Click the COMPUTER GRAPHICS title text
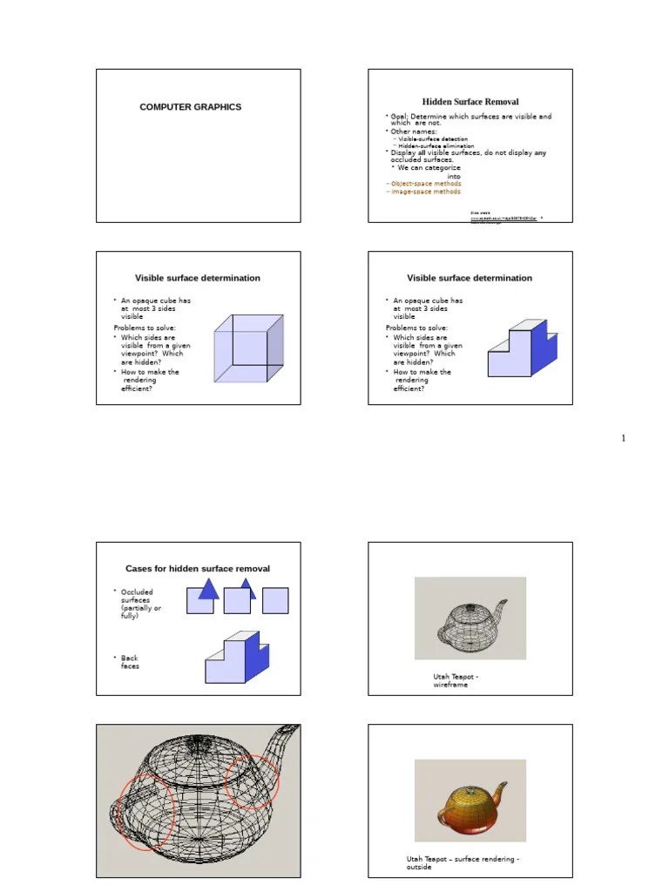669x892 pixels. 191,107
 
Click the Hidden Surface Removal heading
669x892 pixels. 470,102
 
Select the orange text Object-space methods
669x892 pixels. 424,184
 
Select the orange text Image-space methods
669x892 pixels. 424,192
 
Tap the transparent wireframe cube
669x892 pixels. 248,348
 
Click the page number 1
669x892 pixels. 624,438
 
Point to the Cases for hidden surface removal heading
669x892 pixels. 198,569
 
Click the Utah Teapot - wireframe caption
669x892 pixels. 456,680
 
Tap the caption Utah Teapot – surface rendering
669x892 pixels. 463,862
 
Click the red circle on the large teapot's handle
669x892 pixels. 144,813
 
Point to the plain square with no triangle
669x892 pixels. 275,600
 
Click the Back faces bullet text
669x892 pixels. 130,662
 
